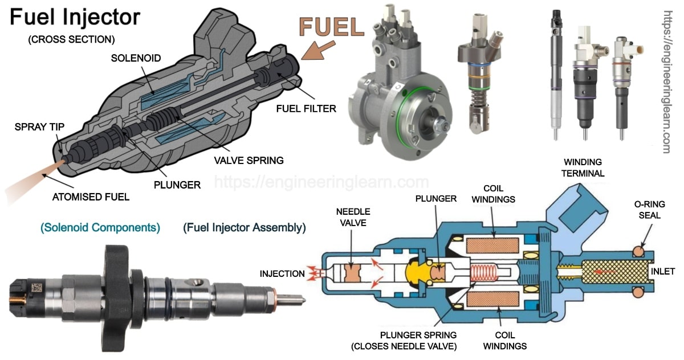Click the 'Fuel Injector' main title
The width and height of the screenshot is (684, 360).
coord(74,18)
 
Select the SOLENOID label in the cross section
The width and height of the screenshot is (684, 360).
coord(136,58)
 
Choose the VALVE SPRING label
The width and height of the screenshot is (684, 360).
coord(248,161)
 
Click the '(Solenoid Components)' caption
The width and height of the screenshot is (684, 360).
coord(100,228)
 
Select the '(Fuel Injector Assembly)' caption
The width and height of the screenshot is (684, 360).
coord(245,228)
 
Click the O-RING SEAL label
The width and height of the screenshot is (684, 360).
coord(649,210)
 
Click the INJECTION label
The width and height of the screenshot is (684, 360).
coord(282,273)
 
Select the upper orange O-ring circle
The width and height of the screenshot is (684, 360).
coord(638,250)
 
